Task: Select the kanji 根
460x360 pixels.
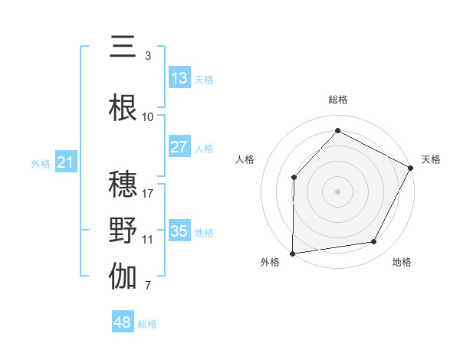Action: tap(123, 108)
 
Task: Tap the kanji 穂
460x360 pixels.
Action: tap(123, 185)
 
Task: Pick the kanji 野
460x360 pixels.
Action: tap(123, 231)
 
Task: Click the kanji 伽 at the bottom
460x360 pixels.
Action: tap(123, 277)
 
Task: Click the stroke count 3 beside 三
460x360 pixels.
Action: tap(148, 56)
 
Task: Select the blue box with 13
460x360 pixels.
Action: tap(179, 78)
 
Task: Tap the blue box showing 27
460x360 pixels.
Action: tap(179, 147)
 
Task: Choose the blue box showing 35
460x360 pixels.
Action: tap(179, 231)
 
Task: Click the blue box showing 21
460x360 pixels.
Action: tap(65, 162)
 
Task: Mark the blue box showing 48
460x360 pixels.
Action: tap(123, 322)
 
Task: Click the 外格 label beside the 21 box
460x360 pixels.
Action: tap(41, 163)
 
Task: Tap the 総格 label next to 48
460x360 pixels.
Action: tap(147, 324)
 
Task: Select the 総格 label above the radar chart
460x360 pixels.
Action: tap(337, 100)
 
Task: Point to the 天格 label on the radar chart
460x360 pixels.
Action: tap(431, 159)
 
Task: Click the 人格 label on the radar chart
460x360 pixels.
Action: tap(245, 159)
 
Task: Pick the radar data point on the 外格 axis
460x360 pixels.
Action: tap(292, 254)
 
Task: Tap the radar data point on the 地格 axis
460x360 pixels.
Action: tap(374, 242)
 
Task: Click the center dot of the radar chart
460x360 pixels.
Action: tap(337, 191)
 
